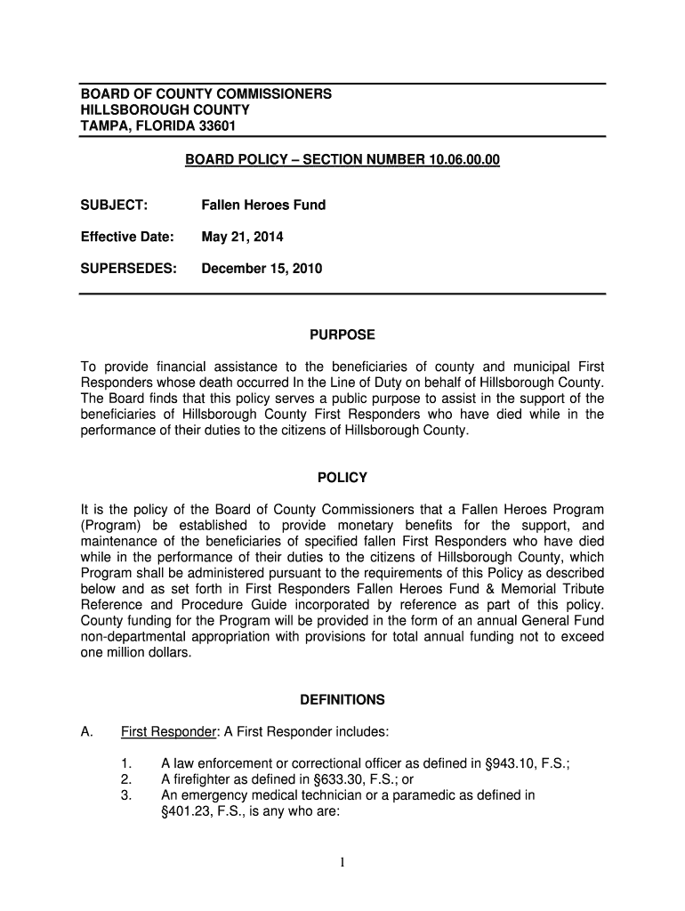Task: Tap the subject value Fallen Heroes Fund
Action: (x=264, y=205)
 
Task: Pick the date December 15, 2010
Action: (x=262, y=268)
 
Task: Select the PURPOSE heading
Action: (x=342, y=335)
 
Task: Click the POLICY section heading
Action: (x=342, y=478)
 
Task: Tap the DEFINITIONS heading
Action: (x=342, y=699)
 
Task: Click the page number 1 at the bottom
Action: (x=342, y=860)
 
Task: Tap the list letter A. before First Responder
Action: (x=87, y=732)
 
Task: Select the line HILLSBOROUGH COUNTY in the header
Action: (x=165, y=109)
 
